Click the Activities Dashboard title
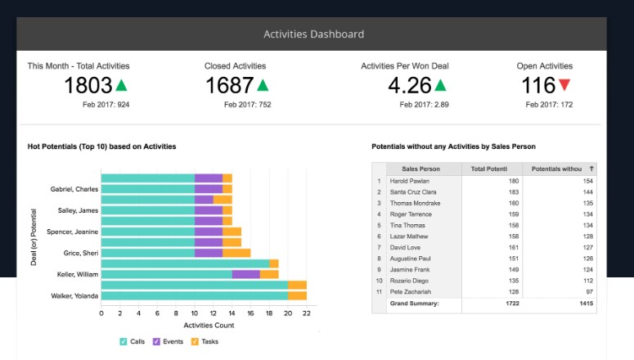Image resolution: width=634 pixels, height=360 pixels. coord(313,34)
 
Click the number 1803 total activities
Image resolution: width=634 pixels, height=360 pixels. coord(88,86)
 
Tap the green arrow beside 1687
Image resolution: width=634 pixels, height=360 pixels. coord(263,85)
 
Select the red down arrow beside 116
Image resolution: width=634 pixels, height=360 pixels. coord(564,85)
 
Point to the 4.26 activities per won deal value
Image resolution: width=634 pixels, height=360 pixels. coord(409,86)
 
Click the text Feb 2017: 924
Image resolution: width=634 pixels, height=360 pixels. coord(106,105)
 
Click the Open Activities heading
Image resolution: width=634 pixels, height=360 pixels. coord(544,66)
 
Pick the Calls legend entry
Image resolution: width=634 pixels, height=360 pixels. coord(132,341)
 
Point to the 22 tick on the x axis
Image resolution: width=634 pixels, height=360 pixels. coord(306,313)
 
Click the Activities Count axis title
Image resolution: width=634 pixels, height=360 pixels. coord(209,326)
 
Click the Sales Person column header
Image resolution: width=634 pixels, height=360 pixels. coord(420,169)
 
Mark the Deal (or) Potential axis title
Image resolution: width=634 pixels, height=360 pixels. coord(34,237)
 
